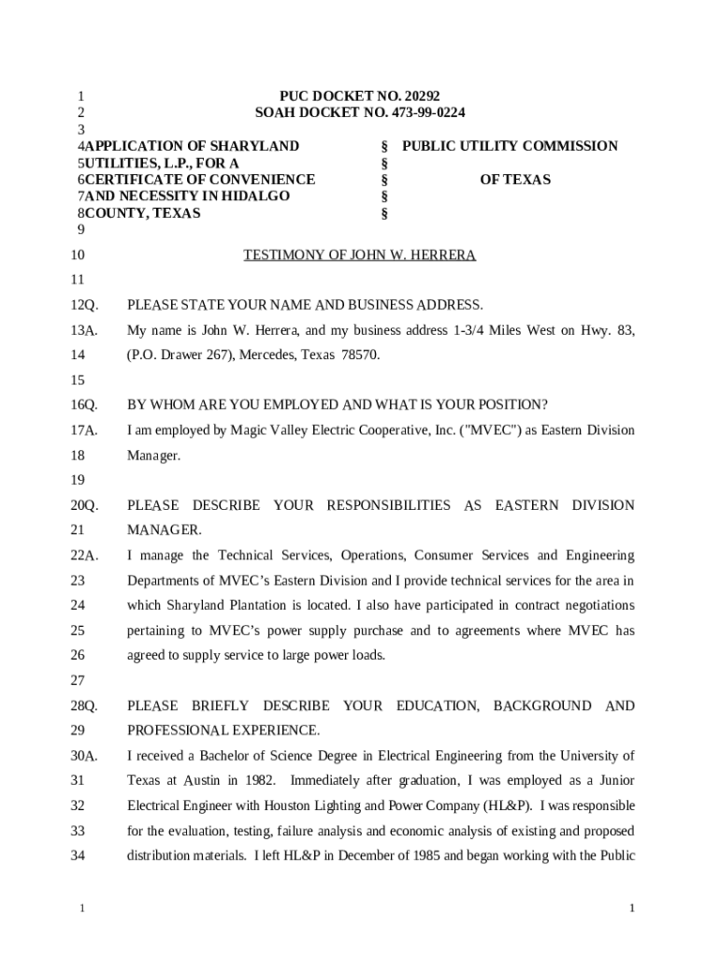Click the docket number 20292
420,96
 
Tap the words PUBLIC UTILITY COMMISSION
510,146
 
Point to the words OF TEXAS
515,180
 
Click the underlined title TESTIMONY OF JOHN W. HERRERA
360,255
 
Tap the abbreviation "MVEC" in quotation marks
483,430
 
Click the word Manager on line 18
153,456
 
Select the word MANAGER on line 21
164,530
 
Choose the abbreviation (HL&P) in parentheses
506,806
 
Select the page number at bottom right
633,909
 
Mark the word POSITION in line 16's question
508,405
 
